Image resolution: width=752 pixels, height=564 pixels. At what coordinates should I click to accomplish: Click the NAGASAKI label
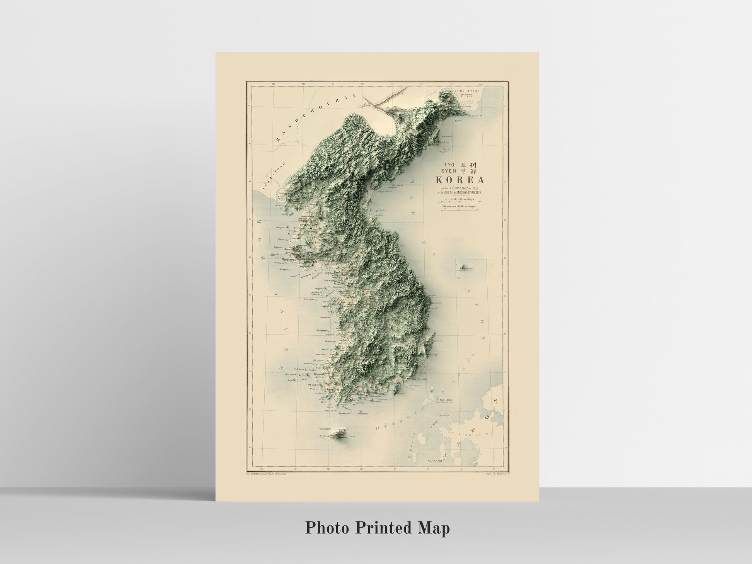(437, 461)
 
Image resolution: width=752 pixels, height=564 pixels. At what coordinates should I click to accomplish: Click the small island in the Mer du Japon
(462, 266)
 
